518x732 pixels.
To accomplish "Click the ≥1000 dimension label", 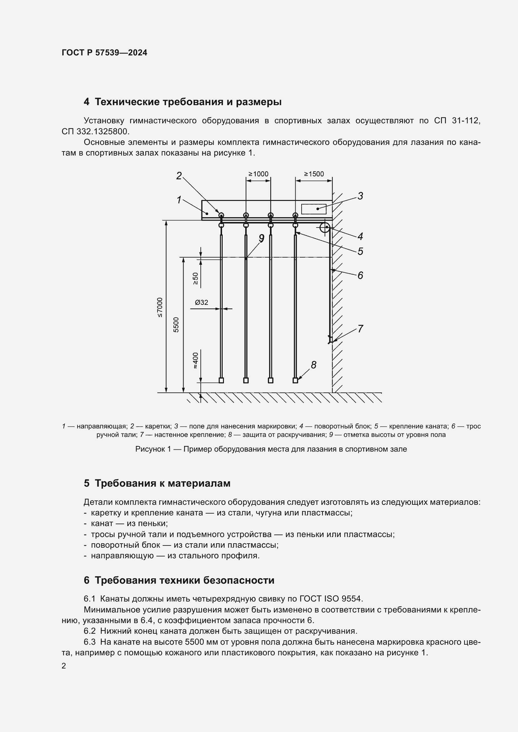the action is [258, 174].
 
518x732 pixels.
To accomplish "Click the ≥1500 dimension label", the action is [314, 174].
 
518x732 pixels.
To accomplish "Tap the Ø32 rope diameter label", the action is [202, 302].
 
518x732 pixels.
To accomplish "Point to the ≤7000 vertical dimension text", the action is [160, 307].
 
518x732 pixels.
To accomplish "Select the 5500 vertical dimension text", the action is [176, 325].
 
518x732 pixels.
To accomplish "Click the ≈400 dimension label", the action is [195, 361].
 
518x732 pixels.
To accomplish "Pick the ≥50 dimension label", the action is [195, 278].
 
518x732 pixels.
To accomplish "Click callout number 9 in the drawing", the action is [262, 238].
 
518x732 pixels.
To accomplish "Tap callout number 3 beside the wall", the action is [360, 196].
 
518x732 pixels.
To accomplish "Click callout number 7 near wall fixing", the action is [360, 328].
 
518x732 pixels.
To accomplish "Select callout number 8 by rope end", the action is [313, 365].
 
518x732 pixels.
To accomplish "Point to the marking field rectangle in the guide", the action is [314, 209].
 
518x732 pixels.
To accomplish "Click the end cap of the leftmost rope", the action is [221, 380].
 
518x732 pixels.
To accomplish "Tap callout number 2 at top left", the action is [179, 175].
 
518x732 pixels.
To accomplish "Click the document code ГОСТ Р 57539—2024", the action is [104, 53].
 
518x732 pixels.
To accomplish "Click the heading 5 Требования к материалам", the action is [157, 483].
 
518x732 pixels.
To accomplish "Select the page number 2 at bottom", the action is [64, 666].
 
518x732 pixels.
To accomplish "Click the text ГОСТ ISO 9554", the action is [331, 598].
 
